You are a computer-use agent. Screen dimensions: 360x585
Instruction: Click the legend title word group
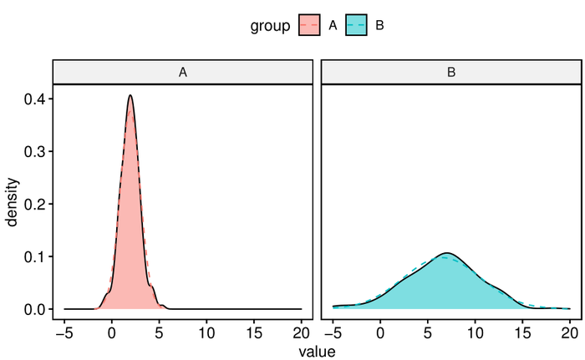(269, 26)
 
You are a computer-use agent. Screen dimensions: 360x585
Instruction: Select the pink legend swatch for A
(309, 26)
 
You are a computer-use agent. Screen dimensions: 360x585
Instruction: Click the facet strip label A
(182, 73)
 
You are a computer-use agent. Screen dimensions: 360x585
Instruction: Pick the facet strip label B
(451, 73)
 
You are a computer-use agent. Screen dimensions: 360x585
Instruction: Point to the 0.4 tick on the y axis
(36, 99)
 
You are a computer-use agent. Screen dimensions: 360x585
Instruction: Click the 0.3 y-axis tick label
(36, 151)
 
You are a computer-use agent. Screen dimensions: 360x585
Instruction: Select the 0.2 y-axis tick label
(36, 204)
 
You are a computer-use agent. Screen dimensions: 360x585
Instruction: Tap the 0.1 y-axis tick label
(36, 256)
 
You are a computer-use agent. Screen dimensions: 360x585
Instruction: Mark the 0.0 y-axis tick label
(36, 309)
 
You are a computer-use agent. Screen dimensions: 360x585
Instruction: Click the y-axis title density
(13, 204)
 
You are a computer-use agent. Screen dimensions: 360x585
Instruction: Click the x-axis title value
(317, 352)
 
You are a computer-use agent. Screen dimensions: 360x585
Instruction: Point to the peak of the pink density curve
(130, 95)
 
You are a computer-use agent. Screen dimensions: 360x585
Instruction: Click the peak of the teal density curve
(447, 253)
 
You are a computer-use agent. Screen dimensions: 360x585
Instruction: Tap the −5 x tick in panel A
(64, 332)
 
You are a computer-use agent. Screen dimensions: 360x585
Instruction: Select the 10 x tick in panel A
(206, 332)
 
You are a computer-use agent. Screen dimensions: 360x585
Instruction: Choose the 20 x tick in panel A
(301, 332)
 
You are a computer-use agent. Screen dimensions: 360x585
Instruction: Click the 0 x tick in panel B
(380, 332)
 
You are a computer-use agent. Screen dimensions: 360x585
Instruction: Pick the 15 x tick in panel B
(522, 332)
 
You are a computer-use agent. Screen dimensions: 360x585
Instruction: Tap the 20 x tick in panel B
(569, 332)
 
